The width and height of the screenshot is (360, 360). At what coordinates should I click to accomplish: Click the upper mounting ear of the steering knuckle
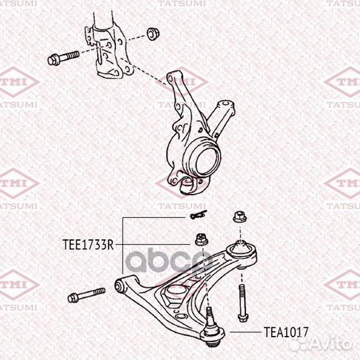pos(178,80)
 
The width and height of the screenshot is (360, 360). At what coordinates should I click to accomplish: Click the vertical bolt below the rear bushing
pos(240,300)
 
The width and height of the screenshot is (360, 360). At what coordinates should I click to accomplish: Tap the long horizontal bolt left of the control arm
pos(87,294)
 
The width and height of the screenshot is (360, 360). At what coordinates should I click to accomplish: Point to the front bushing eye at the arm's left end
pos(120,286)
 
